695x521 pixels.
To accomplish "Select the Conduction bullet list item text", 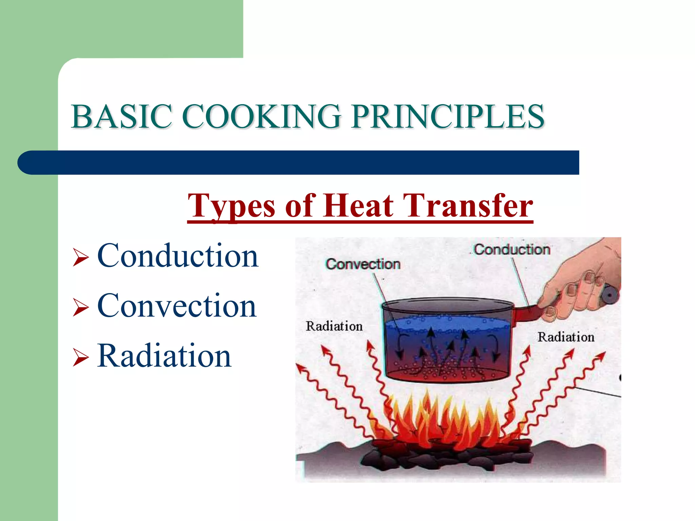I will point(177,256).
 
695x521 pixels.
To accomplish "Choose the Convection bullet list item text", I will point(176,306).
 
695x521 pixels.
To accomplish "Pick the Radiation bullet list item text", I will point(164,356).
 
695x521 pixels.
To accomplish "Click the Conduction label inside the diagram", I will point(512,250).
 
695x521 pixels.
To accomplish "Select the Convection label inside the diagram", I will point(363,264).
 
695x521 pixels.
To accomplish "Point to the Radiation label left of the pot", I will point(334,326).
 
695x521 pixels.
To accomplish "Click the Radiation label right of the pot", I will point(566,337).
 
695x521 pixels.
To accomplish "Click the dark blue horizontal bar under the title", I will point(299,163).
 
